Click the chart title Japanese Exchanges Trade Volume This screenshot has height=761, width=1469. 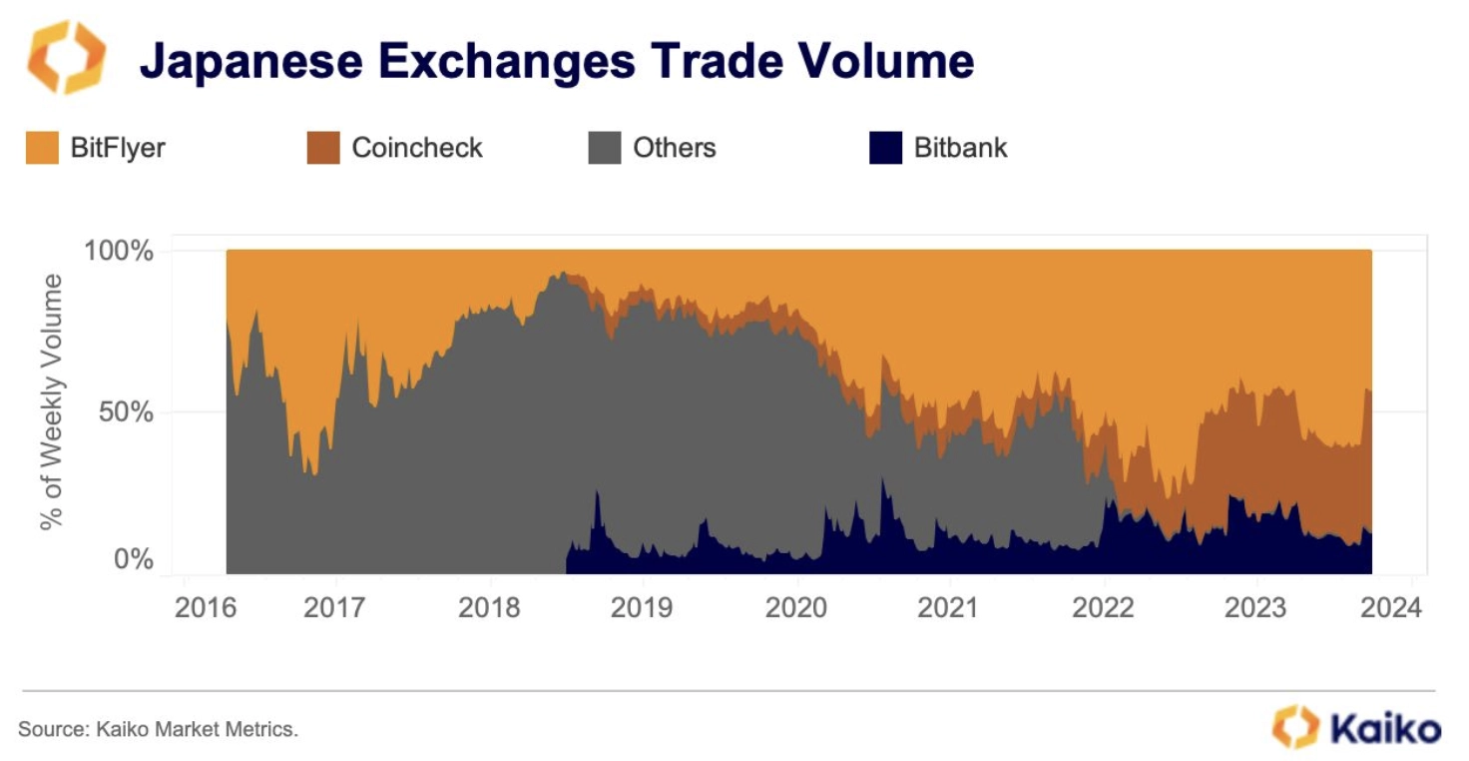[556, 62]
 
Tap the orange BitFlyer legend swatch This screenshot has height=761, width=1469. [43, 148]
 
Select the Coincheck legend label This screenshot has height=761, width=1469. [417, 148]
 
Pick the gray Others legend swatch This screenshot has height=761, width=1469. [605, 148]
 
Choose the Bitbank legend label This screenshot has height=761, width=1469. [960, 148]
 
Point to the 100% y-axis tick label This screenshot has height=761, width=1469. [119, 251]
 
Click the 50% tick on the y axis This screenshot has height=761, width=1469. [126, 411]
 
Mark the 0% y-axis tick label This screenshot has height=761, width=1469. [133, 559]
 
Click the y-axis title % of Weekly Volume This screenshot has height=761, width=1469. [52, 401]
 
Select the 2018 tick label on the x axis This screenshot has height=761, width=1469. [489, 607]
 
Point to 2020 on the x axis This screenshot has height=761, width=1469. [796, 607]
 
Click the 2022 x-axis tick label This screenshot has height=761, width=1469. [1103, 607]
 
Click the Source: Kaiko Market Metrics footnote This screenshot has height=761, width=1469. [158, 729]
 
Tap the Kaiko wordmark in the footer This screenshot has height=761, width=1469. [1384, 726]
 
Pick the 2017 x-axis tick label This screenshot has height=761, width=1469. [335, 607]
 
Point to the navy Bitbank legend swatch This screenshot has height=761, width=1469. [885, 148]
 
